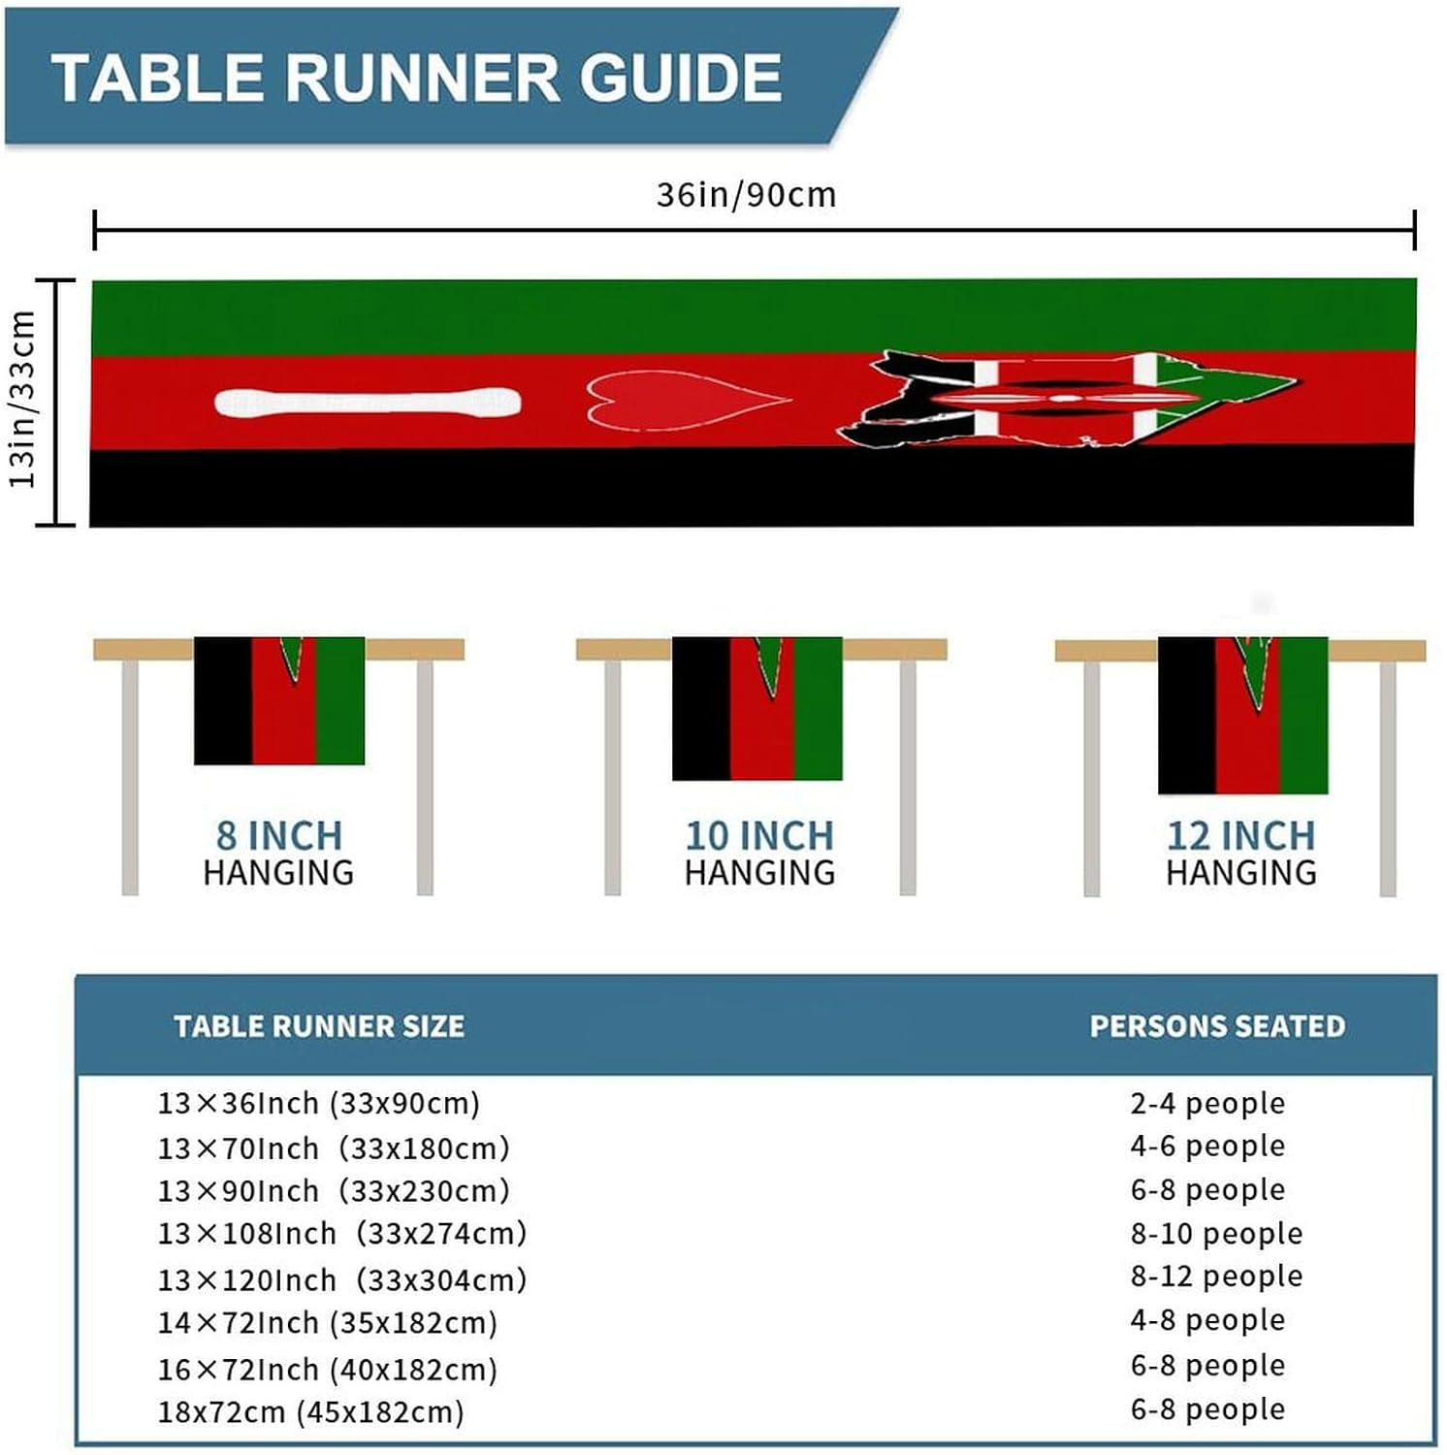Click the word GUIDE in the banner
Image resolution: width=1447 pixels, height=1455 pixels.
pyautogui.click(x=681, y=78)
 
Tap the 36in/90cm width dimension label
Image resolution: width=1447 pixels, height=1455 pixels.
pyautogui.click(x=746, y=195)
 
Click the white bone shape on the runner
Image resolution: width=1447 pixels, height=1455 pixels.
pyautogui.click(x=368, y=403)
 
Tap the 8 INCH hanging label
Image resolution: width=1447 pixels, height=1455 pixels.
pyautogui.click(x=279, y=836)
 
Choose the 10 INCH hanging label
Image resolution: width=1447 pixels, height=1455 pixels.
pyautogui.click(x=759, y=836)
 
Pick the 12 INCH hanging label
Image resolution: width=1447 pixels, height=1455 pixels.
pyautogui.click(x=1241, y=836)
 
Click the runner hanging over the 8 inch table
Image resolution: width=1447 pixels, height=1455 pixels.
pyautogui.click(x=279, y=700)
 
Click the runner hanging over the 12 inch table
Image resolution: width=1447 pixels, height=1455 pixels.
pyautogui.click(x=1242, y=715)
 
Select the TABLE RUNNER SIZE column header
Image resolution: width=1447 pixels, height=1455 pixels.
pyautogui.click(x=319, y=1026)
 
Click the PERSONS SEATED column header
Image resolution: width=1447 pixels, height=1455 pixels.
pyautogui.click(x=1217, y=1026)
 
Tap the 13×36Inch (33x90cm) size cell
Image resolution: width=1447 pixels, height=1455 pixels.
pyautogui.click(x=319, y=1104)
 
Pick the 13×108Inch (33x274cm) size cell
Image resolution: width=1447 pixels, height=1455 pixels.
pyautogui.click(x=342, y=1234)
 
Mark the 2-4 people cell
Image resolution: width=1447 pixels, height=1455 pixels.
pyautogui.click(x=1207, y=1104)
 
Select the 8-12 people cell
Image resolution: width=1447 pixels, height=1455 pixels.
pyautogui.click(x=1216, y=1277)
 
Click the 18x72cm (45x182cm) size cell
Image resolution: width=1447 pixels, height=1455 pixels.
pyautogui.click(x=311, y=1412)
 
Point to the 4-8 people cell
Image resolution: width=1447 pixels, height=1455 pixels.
pyautogui.click(x=1207, y=1320)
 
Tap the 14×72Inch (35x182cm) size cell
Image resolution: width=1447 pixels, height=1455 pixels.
pyautogui.click(x=328, y=1323)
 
